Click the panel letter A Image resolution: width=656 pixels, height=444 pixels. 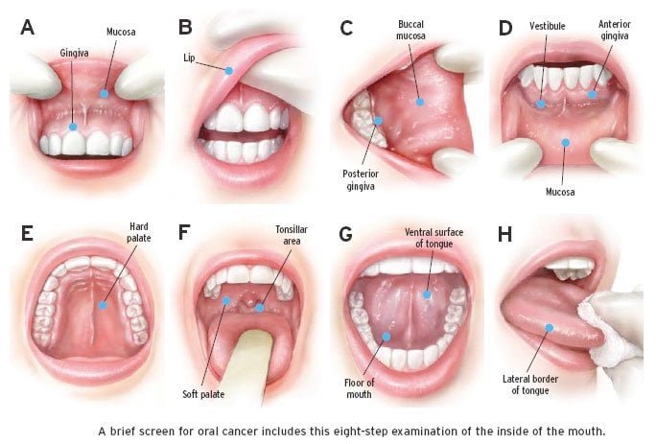(x=27, y=27)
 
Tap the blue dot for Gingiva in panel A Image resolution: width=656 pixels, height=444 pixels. (x=74, y=127)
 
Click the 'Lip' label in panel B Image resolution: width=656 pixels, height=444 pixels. (x=190, y=58)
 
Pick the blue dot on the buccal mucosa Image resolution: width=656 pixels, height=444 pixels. (x=419, y=101)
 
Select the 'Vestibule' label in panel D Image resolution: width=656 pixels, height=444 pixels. (x=549, y=26)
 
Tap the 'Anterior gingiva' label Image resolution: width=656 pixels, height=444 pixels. (x=614, y=32)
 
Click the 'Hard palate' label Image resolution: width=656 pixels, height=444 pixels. (x=138, y=233)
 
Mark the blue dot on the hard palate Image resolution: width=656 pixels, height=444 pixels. (x=101, y=304)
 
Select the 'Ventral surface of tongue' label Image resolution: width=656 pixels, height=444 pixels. (x=430, y=239)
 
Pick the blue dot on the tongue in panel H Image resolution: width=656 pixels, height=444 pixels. (x=550, y=328)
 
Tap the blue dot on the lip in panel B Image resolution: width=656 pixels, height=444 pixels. (x=229, y=70)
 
